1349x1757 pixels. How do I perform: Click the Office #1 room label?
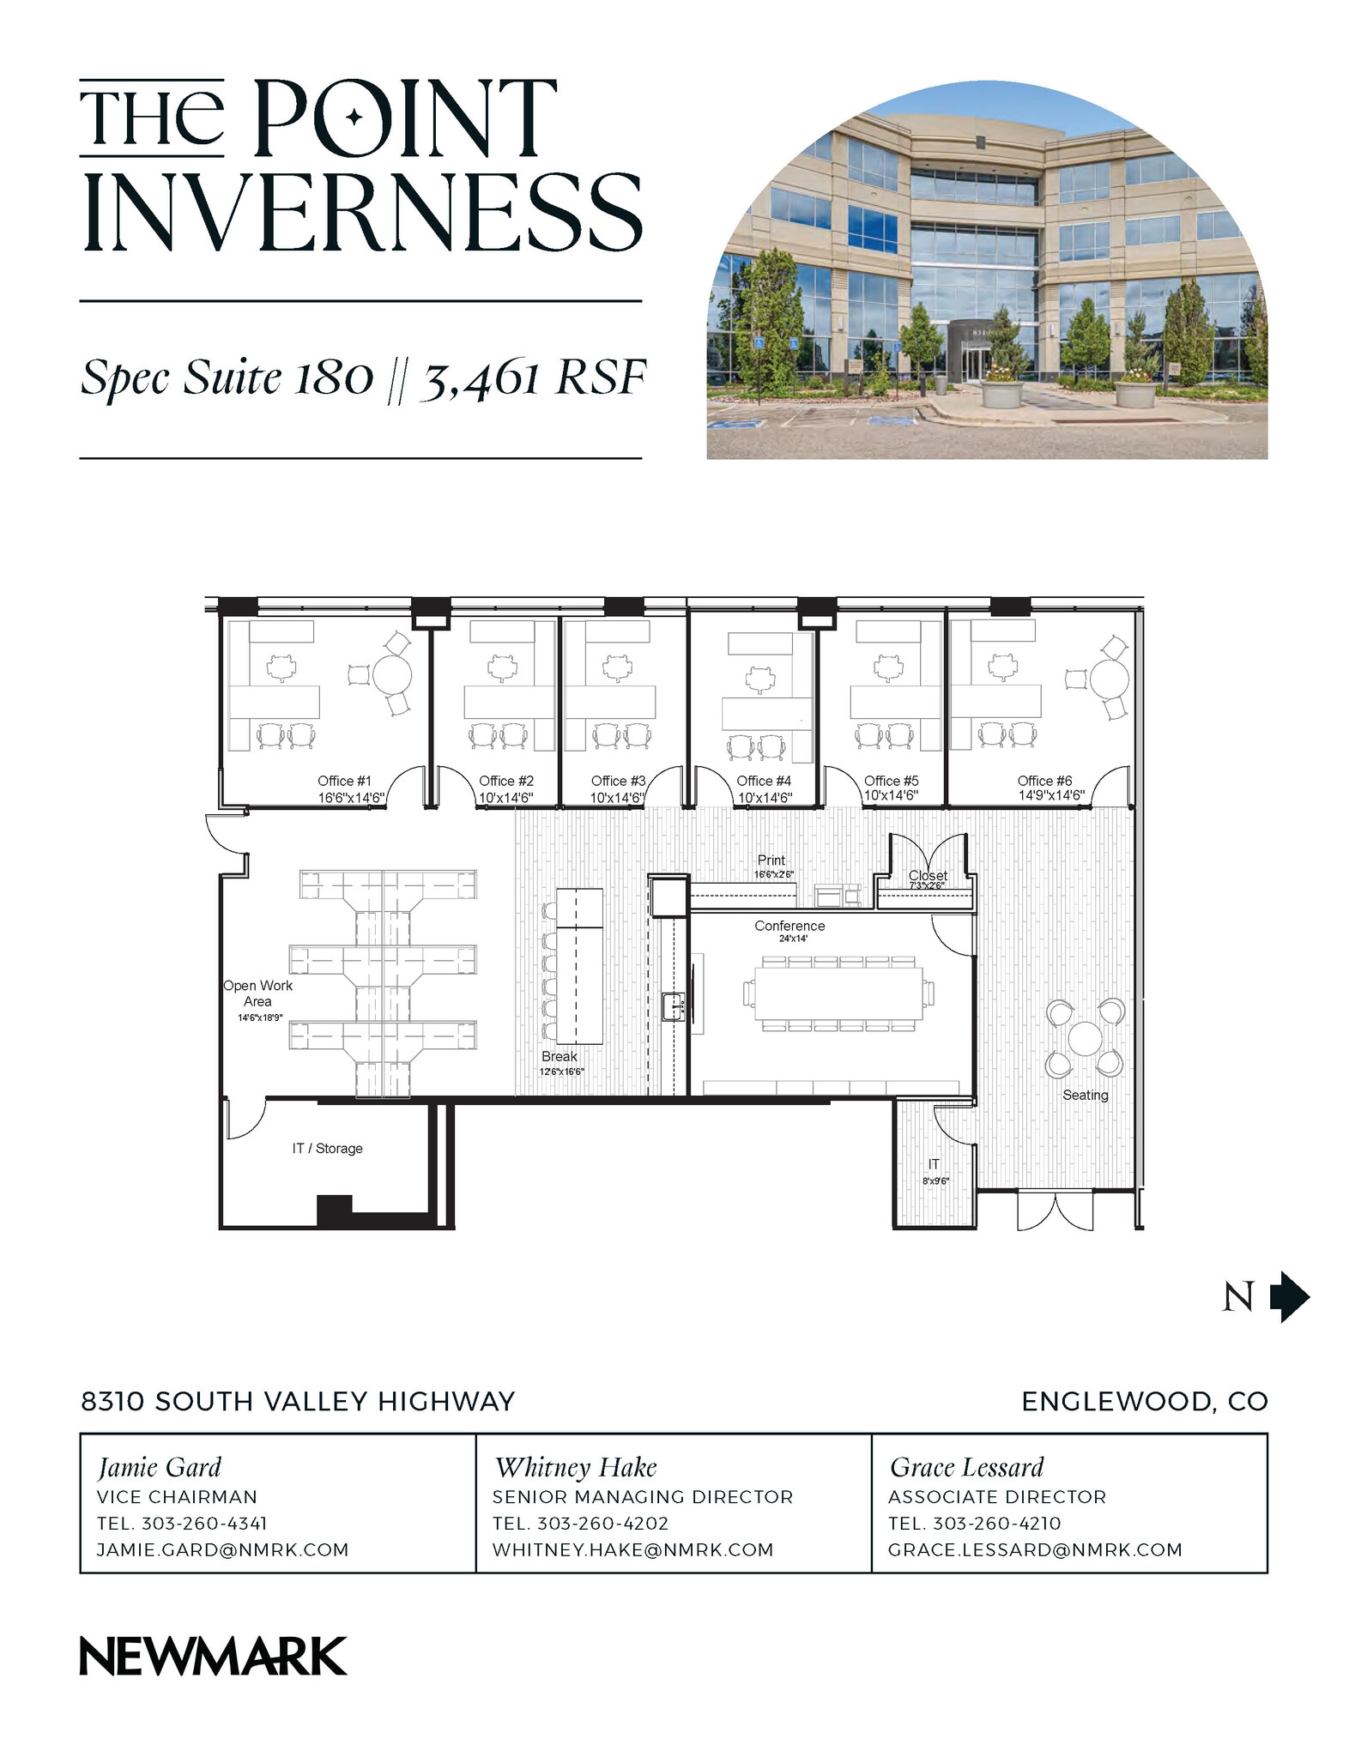[344, 781]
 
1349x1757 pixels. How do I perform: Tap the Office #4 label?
[763, 781]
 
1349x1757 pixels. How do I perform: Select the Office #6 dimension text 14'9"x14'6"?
[1050, 795]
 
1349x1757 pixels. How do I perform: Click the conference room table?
[838, 993]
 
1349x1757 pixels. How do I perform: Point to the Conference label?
[789, 926]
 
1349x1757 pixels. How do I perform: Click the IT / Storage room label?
[327, 1148]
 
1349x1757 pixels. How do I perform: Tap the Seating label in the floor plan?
[1085, 1095]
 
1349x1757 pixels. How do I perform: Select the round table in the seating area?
[1086, 1039]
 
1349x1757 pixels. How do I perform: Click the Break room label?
[559, 1056]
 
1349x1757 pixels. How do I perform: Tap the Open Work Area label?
[257, 993]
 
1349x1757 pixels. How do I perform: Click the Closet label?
[928, 875]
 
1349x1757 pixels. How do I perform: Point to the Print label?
[771, 860]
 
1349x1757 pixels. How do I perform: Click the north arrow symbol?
[1289, 1296]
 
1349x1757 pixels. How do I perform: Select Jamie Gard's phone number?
[204, 1523]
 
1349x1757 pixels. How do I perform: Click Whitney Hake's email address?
[632, 1549]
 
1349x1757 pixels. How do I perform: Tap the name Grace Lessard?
[966, 1467]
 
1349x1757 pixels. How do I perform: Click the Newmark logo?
[213, 1656]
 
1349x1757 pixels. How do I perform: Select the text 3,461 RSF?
[532, 378]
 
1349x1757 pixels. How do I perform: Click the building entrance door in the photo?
[973, 363]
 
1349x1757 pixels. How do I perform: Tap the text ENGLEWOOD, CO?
[1144, 1401]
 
